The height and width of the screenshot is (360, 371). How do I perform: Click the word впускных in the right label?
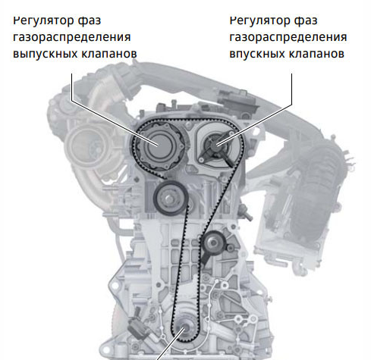(257, 54)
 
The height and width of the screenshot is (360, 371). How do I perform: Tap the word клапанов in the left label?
(109, 53)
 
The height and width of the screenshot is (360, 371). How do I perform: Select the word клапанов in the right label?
(316, 53)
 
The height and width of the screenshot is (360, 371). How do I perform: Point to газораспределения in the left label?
(72, 37)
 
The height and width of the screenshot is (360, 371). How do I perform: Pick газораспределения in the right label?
(288, 37)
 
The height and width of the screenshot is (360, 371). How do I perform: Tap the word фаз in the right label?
(306, 20)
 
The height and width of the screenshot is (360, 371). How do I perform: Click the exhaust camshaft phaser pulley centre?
(159, 146)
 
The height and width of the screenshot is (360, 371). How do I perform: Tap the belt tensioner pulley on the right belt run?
(214, 243)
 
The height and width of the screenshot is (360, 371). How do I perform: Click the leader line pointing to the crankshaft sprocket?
(170, 344)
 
